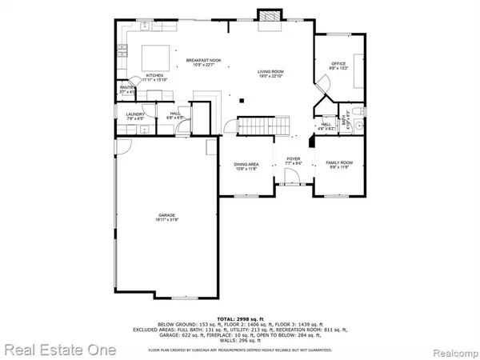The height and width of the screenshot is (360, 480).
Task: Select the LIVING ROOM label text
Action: tap(270, 72)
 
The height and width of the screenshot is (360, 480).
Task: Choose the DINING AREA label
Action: tap(246, 165)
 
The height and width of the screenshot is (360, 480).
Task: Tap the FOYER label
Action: tap(294, 159)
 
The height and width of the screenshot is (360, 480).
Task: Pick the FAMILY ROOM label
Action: tap(338, 162)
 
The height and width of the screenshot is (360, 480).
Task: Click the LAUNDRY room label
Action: tap(134, 114)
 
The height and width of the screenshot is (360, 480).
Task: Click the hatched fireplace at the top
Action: tap(269, 18)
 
